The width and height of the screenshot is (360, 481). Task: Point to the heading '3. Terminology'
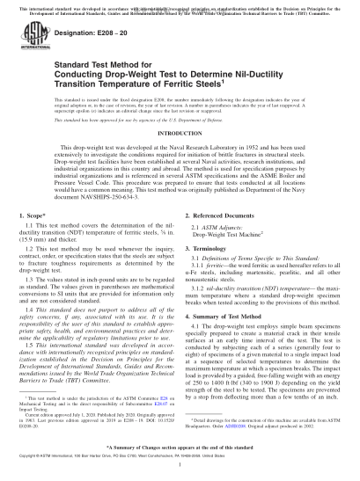[x=211, y=273]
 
